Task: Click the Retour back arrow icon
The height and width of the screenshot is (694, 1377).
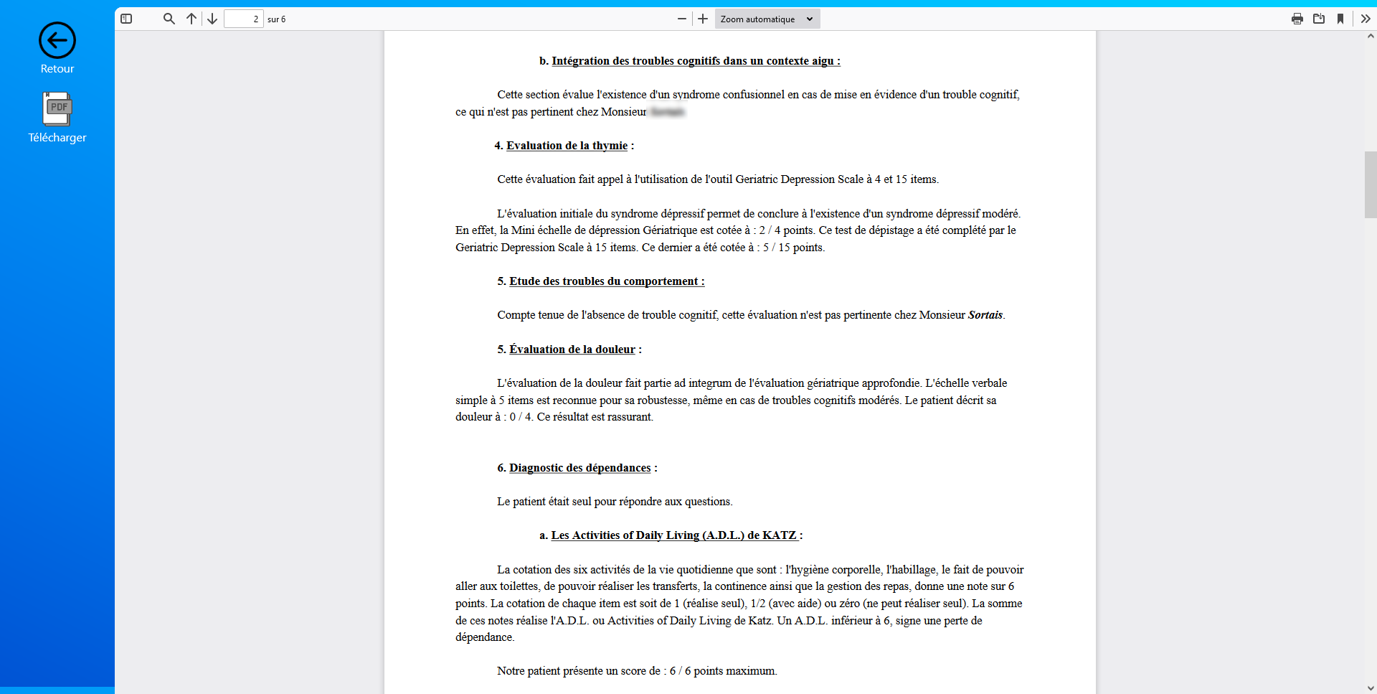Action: (57, 40)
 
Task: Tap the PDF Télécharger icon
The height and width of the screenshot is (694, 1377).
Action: (57, 108)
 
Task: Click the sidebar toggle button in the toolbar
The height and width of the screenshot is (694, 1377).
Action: (126, 19)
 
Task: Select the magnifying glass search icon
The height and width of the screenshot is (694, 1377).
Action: (169, 19)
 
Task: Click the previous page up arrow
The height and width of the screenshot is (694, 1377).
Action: (191, 19)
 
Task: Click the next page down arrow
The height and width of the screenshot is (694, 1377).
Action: (212, 19)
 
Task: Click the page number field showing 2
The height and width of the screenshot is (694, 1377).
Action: (244, 19)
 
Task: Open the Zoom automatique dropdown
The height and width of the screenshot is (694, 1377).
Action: (767, 19)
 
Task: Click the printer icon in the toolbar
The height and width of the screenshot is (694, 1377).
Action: (1297, 19)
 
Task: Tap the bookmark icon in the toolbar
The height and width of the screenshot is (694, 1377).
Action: (1340, 19)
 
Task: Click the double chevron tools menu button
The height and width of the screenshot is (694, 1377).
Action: (1366, 19)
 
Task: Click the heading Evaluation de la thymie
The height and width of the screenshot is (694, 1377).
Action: (567, 146)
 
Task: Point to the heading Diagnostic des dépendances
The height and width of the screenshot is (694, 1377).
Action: (579, 468)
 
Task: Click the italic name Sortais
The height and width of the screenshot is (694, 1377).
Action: (985, 315)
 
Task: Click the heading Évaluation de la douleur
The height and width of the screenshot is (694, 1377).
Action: (572, 350)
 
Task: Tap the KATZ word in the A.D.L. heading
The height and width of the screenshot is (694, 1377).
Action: (779, 535)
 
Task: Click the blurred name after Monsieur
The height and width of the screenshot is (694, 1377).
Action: (667, 112)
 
